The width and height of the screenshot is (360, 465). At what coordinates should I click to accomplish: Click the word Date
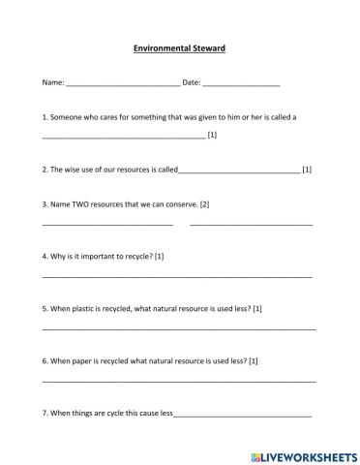coord(191,83)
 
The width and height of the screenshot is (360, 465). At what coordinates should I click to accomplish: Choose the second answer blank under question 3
coord(251,225)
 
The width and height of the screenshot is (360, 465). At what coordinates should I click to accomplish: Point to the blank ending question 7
coord(242,416)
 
